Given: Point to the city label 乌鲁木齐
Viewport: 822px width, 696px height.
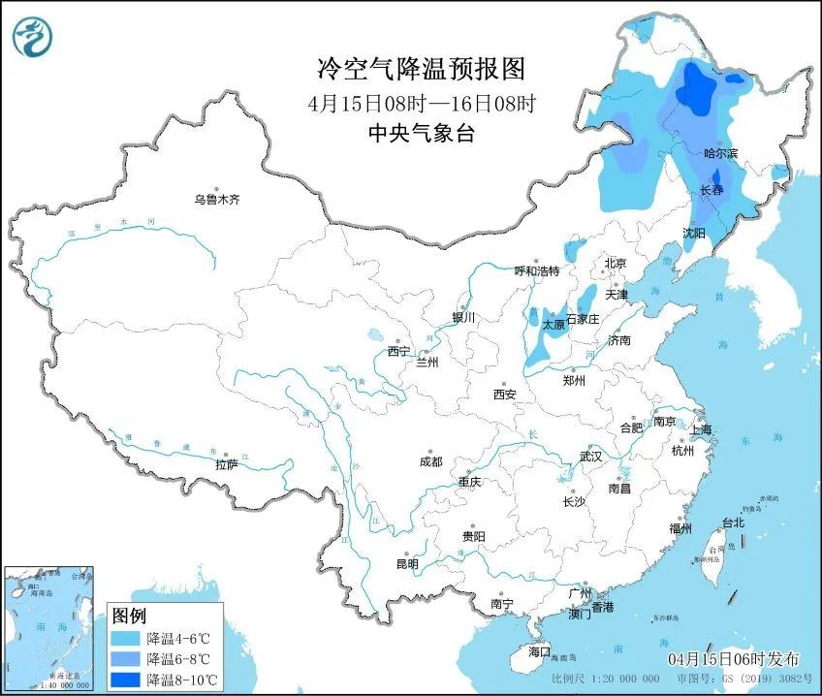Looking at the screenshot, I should [215, 200].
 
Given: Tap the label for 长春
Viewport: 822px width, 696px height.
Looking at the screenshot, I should [711, 191].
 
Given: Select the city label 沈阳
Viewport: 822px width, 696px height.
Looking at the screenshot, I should [694, 233].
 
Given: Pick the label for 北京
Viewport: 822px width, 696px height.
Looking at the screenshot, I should [616, 263].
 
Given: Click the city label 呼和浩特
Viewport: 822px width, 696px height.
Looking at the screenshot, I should [536, 270].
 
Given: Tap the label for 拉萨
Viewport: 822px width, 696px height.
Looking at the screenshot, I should [227, 465].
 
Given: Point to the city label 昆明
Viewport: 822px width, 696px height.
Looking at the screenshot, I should [407, 564].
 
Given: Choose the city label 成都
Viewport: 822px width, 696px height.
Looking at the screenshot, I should [431, 462].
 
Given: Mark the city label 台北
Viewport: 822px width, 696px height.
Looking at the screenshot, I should [732, 522].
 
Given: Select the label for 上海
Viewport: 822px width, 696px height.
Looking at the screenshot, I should [699, 429].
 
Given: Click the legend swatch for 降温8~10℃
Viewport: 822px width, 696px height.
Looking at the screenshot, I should [125, 679].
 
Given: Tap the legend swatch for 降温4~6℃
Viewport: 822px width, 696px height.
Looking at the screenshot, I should [125, 639].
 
